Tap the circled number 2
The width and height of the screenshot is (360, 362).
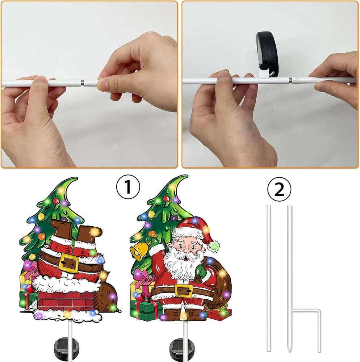(279, 189)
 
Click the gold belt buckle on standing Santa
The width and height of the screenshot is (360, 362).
(183, 290)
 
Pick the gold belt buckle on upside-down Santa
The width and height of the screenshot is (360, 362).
(68, 263)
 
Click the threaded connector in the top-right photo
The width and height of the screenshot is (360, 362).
(290, 80)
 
